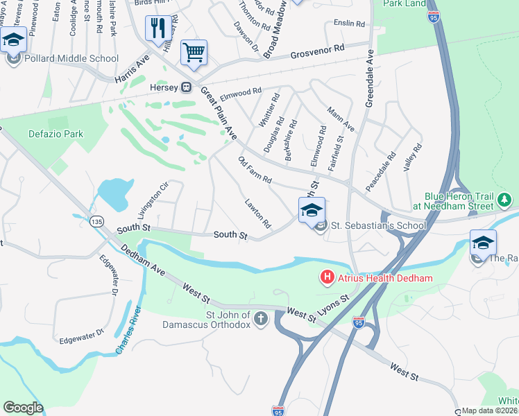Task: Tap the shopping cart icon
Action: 194,52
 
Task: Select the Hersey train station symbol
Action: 186,87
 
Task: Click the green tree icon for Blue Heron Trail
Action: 505,202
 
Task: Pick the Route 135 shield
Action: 96,220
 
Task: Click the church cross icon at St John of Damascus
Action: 260,319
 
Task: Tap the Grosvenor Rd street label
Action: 317,51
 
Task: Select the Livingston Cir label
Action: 153,200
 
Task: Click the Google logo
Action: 23,408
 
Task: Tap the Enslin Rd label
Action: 349,24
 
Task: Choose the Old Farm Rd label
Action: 254,171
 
